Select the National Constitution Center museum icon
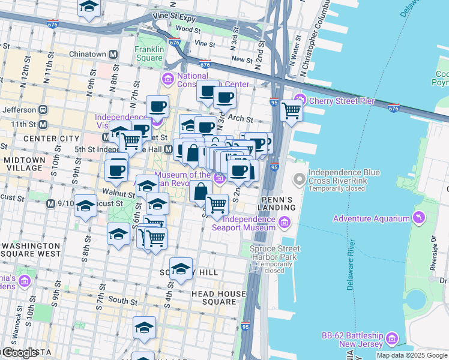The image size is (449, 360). click(x=167, y=79)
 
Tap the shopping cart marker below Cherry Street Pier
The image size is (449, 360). click(x=291, y=110)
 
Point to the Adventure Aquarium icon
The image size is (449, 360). click(x=419, y=217)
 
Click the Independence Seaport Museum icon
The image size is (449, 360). click(x=285, y=223)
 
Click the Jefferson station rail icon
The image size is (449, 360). click(x=43, y=110)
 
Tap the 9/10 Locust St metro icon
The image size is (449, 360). click(x=51, y=204)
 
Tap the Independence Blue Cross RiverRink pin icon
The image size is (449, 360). click(x=299, y=179)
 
